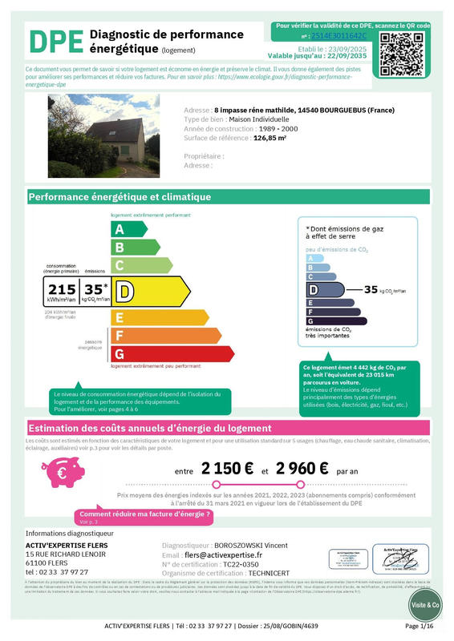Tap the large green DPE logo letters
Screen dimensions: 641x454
55,41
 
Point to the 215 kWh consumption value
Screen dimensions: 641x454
62,289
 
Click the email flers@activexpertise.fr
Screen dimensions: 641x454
223,554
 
